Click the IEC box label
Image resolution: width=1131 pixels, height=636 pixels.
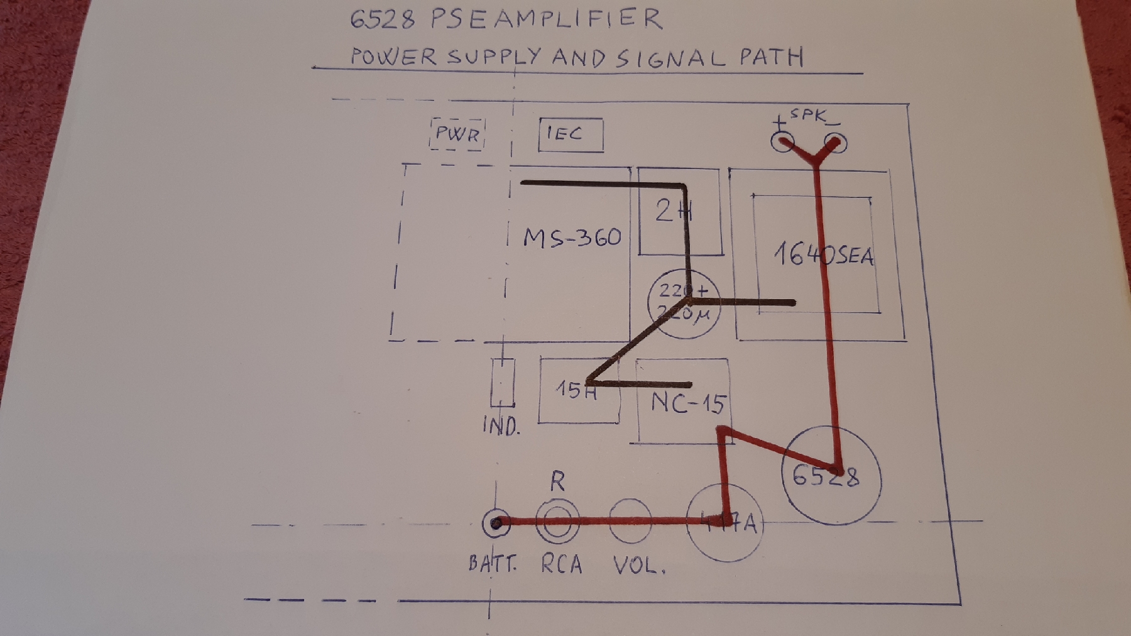pos(564,133)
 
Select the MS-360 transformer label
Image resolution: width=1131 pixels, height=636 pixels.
pos(572,238)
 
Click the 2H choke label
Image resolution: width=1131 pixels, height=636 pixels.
pos(672,211)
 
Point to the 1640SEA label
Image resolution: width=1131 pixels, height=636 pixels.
pos(823,255)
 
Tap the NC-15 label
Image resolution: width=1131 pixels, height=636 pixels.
pos(687,402)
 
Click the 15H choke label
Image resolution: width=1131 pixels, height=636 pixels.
pos(575,390)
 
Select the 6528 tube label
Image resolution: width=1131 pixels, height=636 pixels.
pos(825,476)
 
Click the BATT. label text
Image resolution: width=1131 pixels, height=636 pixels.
pos(493,563)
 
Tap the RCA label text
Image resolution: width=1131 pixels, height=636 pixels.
pos(562,564)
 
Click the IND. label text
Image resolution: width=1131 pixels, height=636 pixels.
pos(501,427)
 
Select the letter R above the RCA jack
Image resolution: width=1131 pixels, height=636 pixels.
pos(557,481)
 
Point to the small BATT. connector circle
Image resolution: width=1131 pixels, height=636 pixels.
pos(496,523)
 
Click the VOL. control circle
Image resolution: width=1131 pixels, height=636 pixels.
pos(630,521)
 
